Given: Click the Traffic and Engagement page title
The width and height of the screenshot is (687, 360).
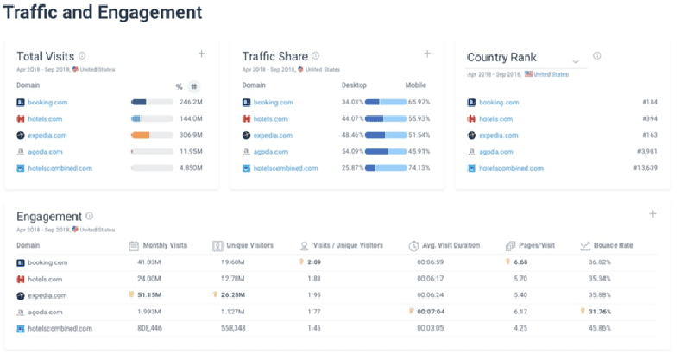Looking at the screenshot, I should [x=103, y=13].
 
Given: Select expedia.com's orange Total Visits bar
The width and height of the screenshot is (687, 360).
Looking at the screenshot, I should [x=141, y=135].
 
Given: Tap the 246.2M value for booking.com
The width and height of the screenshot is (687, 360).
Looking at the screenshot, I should [x=191, y=102].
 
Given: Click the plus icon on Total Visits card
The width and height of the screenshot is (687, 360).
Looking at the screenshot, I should [x=202, y=54].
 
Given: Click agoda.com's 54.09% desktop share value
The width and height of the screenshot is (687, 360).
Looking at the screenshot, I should [x=352, y=151].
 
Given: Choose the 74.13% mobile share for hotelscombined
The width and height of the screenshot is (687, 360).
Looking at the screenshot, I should [x=419, y=167].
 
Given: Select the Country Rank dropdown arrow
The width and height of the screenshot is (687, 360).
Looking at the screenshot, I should [x=576, y=61].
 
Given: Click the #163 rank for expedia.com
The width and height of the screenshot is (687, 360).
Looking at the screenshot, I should [x=650, y=135].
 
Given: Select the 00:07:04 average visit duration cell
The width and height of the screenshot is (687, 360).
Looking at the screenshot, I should [x=431, y=312].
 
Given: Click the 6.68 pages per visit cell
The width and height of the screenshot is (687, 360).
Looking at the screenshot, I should [x=520, y=262].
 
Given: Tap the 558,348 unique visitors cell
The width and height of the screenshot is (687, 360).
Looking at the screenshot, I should [x=231, y=328].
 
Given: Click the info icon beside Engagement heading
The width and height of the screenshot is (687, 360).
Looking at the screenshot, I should [x=90, y=216].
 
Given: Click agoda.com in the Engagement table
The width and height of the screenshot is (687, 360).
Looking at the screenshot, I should [x=47, y=312].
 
